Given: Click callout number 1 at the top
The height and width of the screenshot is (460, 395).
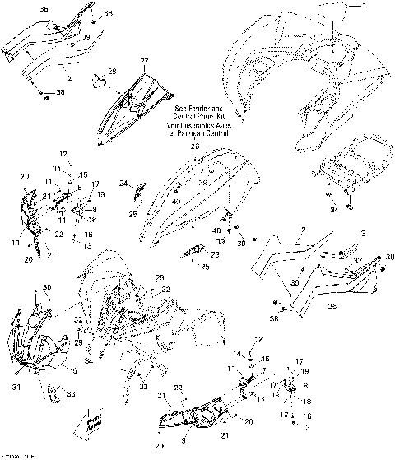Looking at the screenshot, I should (368, 6).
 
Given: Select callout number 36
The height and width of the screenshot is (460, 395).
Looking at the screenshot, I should (44, 9).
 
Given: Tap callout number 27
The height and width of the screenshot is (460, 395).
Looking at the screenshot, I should (144, 63).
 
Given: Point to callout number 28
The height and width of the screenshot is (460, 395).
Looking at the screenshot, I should (113, 72).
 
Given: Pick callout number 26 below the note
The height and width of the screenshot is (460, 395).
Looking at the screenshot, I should (196, 146).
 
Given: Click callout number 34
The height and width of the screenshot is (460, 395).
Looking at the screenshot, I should (335, 211).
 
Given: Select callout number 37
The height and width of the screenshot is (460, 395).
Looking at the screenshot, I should (358, 261).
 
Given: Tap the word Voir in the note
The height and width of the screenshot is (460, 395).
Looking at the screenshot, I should (177, 123).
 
